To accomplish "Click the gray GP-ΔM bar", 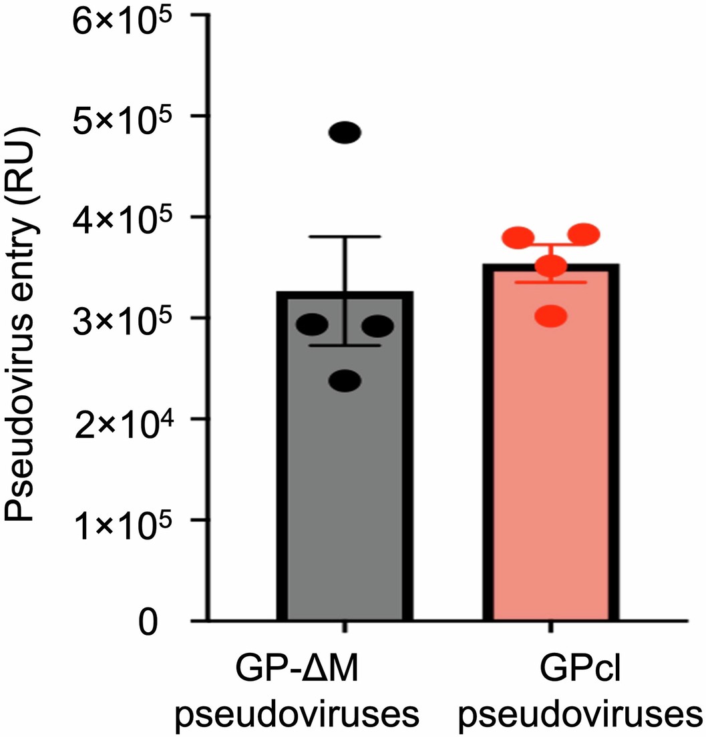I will tap(345, 481).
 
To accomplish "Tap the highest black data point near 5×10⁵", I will tap(347, 133).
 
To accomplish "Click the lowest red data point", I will tap(551, 315).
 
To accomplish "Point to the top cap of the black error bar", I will tap(345, 237).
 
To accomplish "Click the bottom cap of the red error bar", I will tap(551, 282).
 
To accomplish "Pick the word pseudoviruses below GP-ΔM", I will tap(297, 714).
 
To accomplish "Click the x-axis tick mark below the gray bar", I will tap(345, 628).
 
